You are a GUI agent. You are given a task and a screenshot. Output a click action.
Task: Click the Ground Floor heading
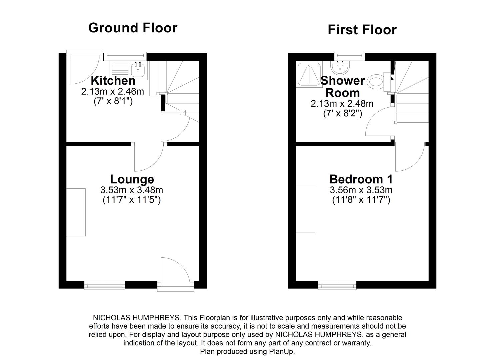click(x=133, y=28)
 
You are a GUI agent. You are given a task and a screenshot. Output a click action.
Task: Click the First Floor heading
click(x=362, y=30)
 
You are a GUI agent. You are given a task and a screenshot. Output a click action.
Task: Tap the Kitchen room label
click(x=113, y=80)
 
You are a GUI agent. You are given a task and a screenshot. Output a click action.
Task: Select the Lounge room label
click(x=132, y=179)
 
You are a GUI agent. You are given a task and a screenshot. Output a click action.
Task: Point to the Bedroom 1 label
click(x=361, y=179)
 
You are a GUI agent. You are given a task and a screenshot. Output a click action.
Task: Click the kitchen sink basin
click(x=138, y=70)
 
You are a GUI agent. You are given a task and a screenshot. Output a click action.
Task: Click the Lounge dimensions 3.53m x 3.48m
click(x=132, y=190)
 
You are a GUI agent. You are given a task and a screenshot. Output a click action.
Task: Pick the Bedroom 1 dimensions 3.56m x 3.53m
click(x=361, y=190)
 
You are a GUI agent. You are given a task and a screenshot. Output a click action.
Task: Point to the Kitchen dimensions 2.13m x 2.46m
click(x=113, y=91)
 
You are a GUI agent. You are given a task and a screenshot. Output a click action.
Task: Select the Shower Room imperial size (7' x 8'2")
click(x=342, y=113)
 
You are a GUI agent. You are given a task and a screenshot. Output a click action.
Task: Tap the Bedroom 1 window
click(x=337, y=285)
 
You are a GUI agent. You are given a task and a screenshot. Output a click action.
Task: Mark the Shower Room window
click(x=349, y=56)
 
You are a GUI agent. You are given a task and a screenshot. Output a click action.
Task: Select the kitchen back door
click(x=83, y=68)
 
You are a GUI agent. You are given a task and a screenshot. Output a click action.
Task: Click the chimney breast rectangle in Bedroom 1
click(x=305, y=209)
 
